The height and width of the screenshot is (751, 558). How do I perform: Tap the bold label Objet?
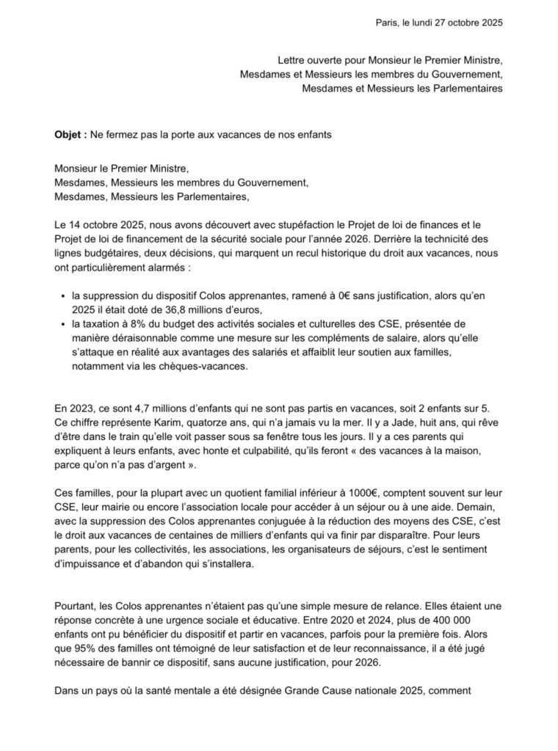tap(69, 136)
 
